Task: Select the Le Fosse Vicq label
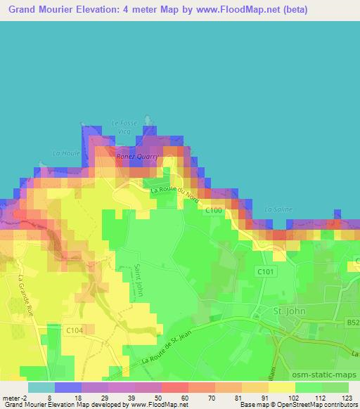(x=123, y=126)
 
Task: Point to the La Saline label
(x=278, y=209)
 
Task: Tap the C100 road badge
(x=214, y=210)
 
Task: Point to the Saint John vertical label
(x=139, y=280)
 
